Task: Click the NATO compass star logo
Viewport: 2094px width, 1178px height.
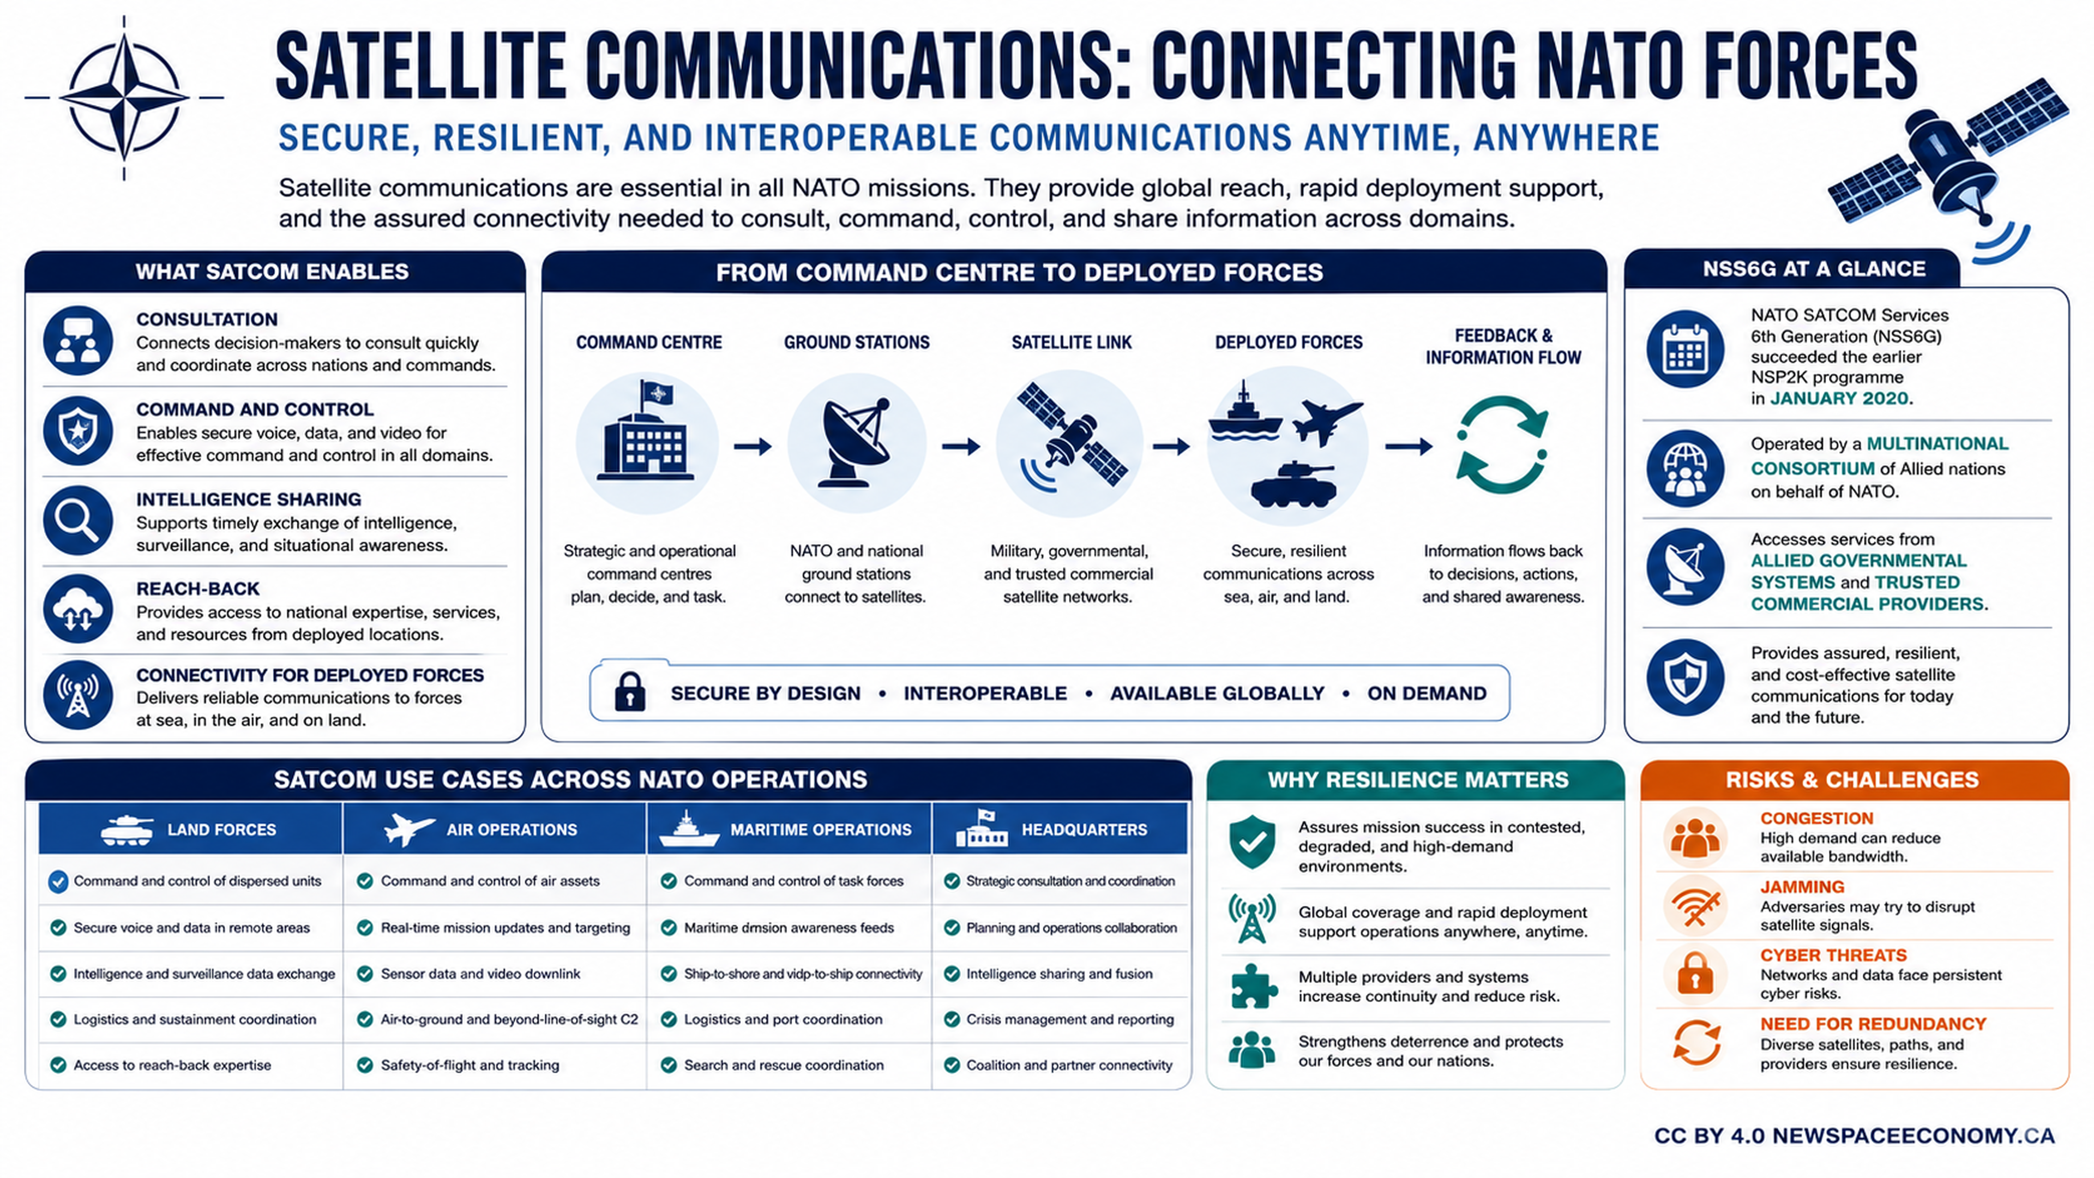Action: click(124, 98)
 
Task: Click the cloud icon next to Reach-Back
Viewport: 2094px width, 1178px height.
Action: click(78, 609)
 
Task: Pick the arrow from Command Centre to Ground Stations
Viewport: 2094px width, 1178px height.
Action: click(753, 446)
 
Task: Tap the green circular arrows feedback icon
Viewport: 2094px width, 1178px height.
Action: click(1502, 446)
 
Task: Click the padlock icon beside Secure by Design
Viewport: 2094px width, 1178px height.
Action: click(630, 692)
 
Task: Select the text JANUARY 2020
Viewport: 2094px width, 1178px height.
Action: click(1839, 398)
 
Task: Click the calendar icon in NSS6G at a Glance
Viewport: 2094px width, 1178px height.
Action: click(1685, 350)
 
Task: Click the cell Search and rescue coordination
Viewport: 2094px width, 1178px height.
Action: click(784, 1065)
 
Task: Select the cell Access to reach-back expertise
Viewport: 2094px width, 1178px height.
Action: click(172, 1065)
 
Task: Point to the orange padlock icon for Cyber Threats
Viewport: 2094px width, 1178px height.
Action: click(1695, 972)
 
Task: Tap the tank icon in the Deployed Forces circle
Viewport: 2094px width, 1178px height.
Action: click(1293, 484)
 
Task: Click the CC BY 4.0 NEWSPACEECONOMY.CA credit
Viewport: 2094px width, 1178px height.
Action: click(1854, 1135)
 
